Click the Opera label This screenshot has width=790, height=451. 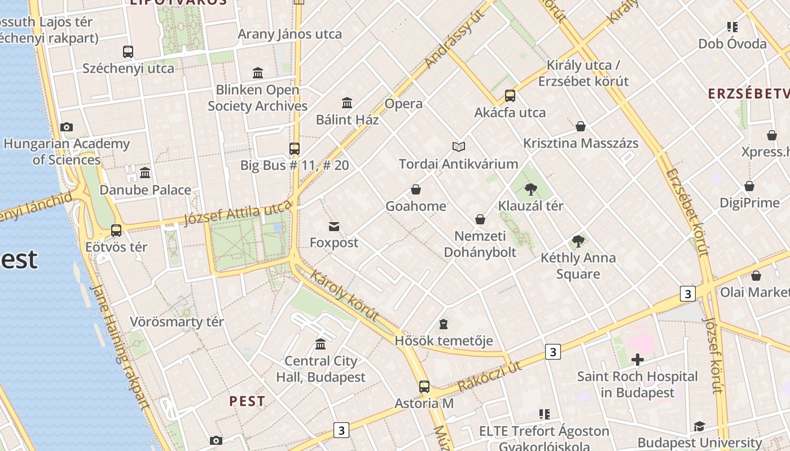(403, 104)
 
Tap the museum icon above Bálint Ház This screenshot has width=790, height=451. (347, 103)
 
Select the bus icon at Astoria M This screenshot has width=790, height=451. (424, 387)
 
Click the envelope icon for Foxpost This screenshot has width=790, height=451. (334, 227)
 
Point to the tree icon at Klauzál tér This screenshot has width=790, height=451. (530, 189)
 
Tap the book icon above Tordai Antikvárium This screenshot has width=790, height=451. (459, 147)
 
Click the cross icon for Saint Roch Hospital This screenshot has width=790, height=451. (638, 360)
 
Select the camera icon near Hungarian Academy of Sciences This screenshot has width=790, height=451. (67, 127)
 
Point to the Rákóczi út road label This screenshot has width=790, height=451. (490, 376)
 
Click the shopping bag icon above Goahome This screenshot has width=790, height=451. (416, 189)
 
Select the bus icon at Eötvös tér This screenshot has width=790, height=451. (116, 230)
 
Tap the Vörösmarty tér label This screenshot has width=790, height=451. (177, 322)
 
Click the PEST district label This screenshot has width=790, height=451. (247, 401)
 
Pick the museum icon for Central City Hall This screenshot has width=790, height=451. (321, 344)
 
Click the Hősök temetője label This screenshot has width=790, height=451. (444, 341)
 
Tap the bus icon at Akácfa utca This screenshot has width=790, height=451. (510, 96)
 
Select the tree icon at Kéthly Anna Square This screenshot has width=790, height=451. (578, 241)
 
